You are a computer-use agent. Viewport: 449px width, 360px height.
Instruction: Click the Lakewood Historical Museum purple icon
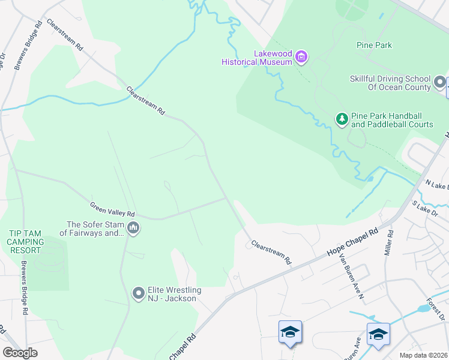(x=301, y=58)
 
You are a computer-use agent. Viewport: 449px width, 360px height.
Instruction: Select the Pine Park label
(x=373, y=45)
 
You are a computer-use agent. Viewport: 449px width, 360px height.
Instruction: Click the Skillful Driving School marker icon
(x=440, y=82)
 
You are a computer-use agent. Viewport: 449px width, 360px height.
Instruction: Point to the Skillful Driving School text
(x=390, y=83)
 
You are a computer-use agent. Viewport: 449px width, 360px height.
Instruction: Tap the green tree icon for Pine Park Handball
(x=342, y=119)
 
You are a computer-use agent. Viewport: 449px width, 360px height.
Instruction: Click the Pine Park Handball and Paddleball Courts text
(x=392, y=120)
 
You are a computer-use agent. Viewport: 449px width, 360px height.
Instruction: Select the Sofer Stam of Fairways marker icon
(x=133, y=227)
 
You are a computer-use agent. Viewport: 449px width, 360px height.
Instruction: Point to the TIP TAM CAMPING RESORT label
(x=25, y=241)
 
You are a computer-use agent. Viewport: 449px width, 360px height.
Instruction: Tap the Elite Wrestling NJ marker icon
(x=139, y=293)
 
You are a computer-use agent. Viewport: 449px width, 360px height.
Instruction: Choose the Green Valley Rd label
(x=112, y=209)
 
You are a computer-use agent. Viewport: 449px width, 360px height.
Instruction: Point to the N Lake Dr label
(x=436, y=184)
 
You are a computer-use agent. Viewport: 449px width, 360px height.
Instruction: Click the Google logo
(x=20, y=352)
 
